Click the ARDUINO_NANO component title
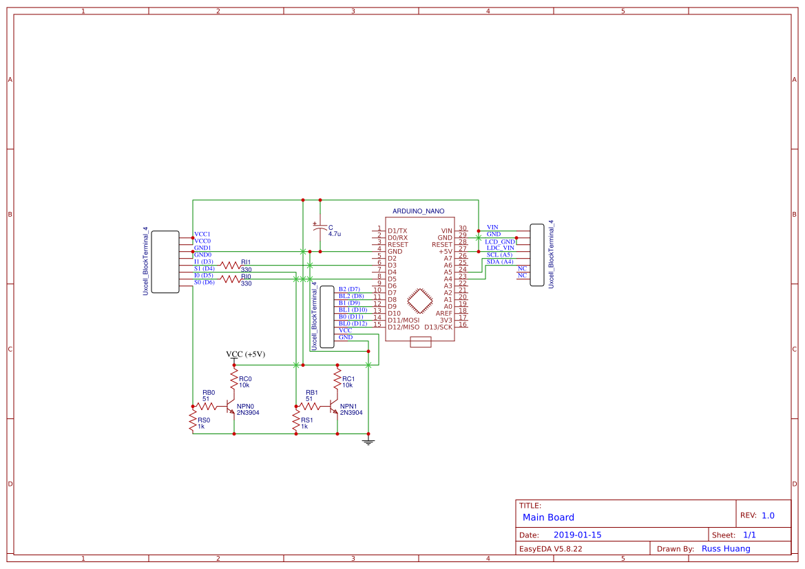[x=418, y=211]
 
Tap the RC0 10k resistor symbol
[x=234, y=383]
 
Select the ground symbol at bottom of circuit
[x=368, y=440]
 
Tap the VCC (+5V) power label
[x=246, y=354]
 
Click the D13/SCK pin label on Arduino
[x=439, y=327]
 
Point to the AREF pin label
[x=443, y=313]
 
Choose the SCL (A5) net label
[x=499, y=255]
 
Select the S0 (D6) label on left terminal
[x=204, y=282]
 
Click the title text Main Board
[x=548, y=517]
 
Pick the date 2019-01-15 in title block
[x=577, y=535]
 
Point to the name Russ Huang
[x=726, y=548]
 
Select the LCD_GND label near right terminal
[x=500, y=241]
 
